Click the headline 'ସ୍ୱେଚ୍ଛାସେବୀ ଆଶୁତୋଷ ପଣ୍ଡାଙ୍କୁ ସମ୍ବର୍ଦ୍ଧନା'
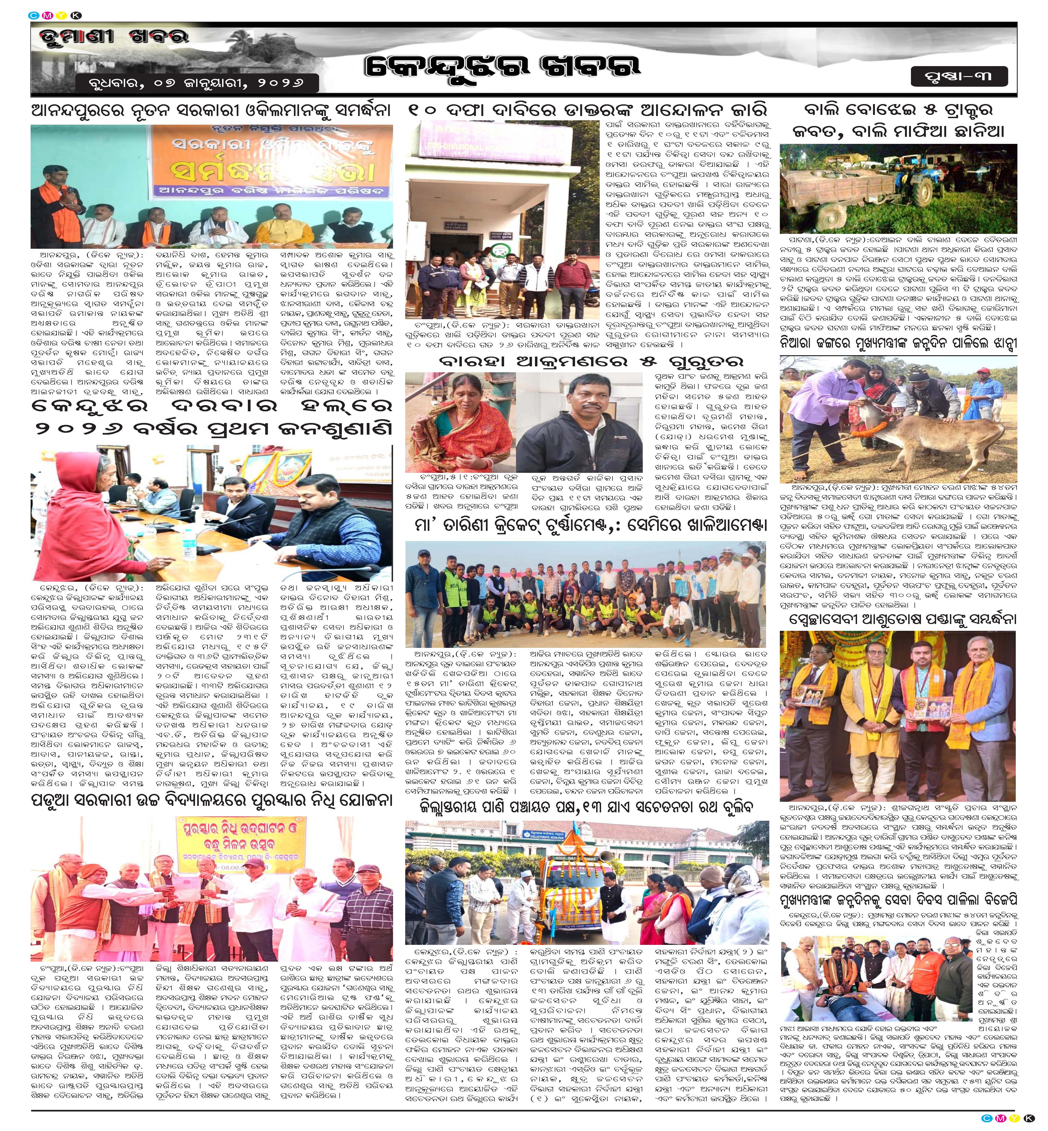[x=898, y=619]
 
